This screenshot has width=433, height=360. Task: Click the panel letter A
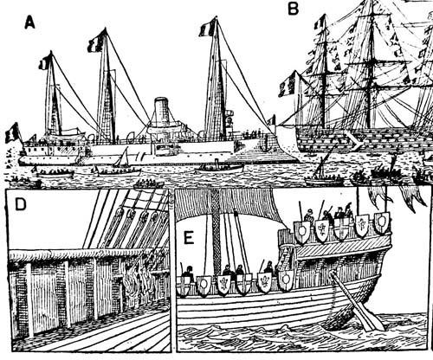pyautogui.click(x=29, y=22)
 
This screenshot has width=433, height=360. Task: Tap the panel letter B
pyautogui.click(x=293, y=9)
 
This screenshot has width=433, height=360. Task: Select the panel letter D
pyautogui.click(x=21, y=204)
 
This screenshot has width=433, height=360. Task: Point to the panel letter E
pyautogui.click(x=189, y=238)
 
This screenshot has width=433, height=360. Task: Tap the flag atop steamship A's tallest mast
pyautogui.click(x=208, y=28)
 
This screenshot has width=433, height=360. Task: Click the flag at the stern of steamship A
pyautogui.click(x=12, y=132)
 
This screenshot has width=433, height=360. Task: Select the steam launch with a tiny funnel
pyautogui.click(x=219, y=168)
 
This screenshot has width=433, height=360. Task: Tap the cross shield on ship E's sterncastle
pyautogui.click(x=341, y=229)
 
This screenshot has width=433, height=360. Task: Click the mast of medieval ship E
pyautogui.click(x=216, y=231)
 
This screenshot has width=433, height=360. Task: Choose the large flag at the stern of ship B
pyautogui.click(x=288, y=83)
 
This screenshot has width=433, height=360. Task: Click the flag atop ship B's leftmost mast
pyautogui.click(x=320, y=22)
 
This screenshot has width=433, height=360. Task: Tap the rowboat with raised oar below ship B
pyautogui.click(x=324, y=177)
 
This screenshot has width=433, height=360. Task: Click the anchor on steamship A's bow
pyautogui.click(x=264, y=145)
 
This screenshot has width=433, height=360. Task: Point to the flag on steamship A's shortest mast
pyautogui.click(x=45, y=62)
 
